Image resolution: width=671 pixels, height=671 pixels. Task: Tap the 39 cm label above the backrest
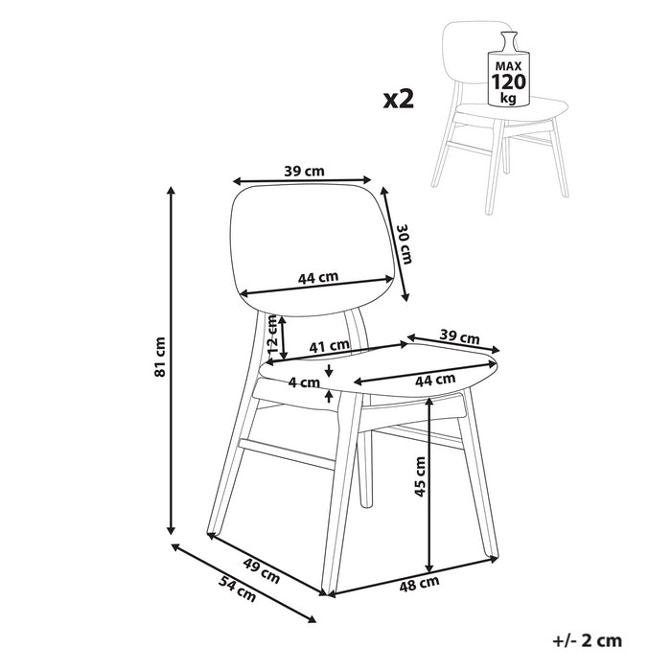tap(304, 171)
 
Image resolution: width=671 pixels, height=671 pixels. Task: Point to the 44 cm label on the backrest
tap(318, 278)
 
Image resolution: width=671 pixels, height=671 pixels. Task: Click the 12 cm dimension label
tap(272, 335)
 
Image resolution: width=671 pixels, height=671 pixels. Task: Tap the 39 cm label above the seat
tap(460, 337)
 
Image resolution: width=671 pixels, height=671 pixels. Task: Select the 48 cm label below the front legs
tap(419, 582)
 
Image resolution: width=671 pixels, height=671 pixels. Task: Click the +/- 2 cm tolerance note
tap(588, 639)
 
